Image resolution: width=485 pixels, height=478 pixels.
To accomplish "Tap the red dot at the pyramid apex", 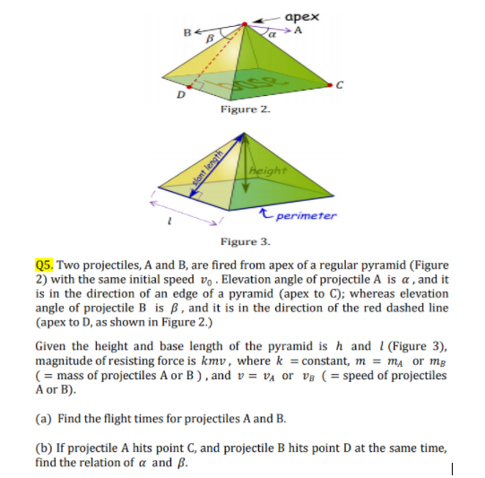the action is click(243, 28).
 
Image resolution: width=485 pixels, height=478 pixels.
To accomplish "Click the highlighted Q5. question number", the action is click(45, 265).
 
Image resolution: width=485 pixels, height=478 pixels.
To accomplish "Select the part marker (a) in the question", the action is click(43, 418).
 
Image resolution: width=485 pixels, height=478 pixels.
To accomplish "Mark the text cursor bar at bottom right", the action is click(456, 466).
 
